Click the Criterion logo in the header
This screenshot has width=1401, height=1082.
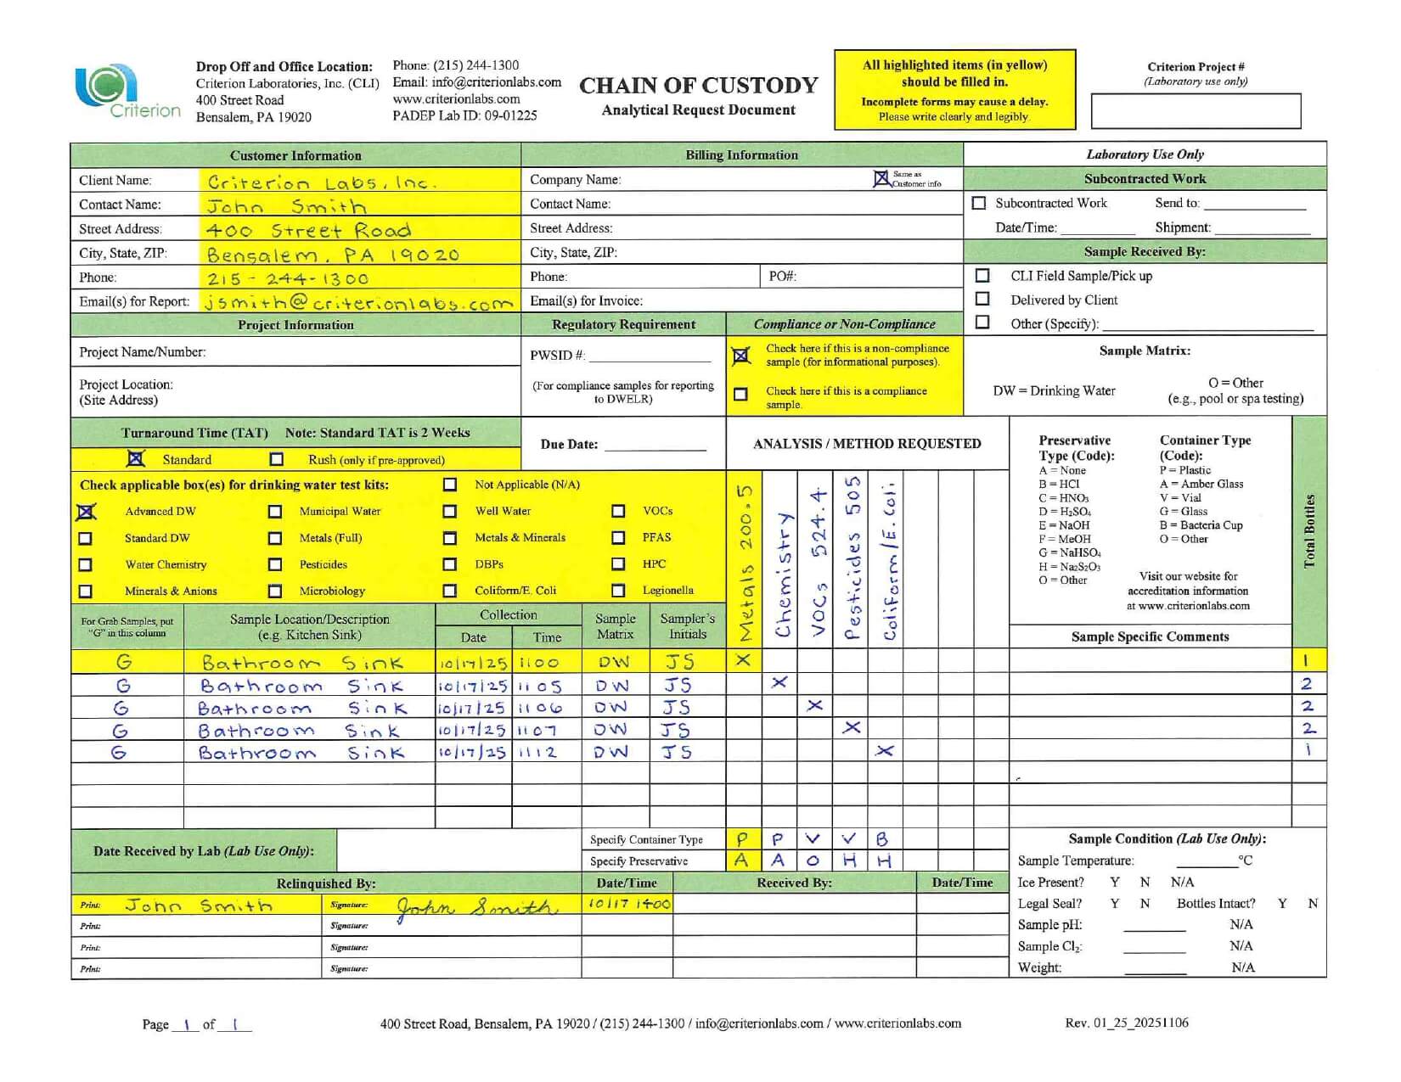[x=127, y=92]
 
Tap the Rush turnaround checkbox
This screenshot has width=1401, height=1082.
[x=277, y=459]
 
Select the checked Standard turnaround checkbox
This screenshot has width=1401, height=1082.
[x=135, y=458]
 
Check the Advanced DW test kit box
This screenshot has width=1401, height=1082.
[x=87, y=512]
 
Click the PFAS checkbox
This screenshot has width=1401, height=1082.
[x=618, y=537]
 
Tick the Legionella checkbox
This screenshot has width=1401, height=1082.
[x=618, y=590]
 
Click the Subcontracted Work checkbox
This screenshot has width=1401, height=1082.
[x=979, y=203]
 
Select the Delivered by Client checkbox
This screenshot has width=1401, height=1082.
[x=982, y=299]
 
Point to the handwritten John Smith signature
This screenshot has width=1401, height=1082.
[x=475, y=907]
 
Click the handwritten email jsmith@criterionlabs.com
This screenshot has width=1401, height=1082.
[x=358, y=302]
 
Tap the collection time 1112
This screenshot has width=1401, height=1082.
[x=538, y=753]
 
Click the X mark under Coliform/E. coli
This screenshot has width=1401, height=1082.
[x=885, y=751]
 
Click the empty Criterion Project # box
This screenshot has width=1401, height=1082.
[x=1196, y=111]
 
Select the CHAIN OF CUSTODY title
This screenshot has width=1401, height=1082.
[x=698, y=86]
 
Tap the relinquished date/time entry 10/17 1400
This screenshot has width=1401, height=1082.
[x=628, y=905]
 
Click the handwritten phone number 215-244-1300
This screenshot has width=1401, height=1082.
[x=289, y=278]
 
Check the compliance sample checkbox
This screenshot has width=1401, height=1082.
[x=741, y=395]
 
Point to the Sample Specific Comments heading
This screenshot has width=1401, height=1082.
[x=1150, y=636]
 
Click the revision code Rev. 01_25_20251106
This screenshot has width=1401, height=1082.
[x=1127, y=1023]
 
